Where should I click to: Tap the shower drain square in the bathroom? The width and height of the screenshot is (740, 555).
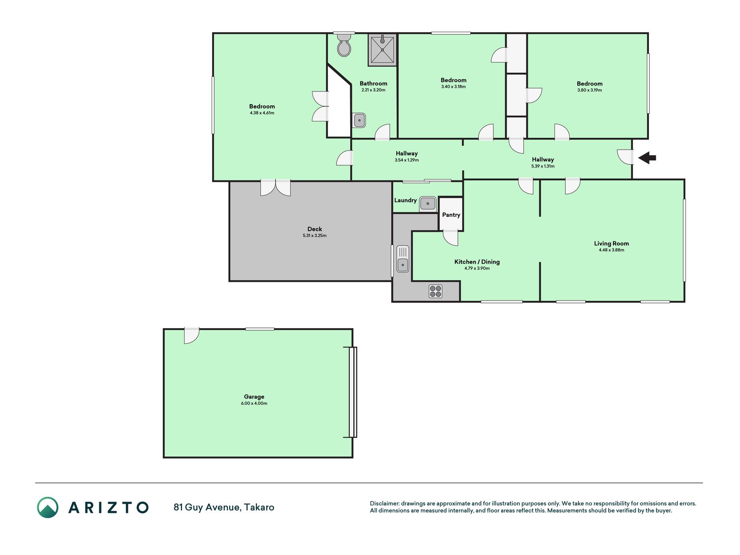coord(382,50)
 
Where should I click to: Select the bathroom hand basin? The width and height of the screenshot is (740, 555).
coord(359,120)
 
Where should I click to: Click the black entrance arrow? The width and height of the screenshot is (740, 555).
coord(647,157)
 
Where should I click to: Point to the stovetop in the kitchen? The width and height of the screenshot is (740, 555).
coord(436,291)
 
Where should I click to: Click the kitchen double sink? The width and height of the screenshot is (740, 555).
coord(403,259)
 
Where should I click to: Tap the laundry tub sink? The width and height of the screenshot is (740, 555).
coord(428,203)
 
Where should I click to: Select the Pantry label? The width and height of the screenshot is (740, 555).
coord(451,215)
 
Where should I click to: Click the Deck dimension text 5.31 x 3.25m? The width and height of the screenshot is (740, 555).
coord(315,235)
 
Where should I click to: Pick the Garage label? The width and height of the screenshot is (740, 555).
coord(254,396)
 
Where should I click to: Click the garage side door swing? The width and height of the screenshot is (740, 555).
coord(192,336)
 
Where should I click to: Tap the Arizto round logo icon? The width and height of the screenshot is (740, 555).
coord(48,507)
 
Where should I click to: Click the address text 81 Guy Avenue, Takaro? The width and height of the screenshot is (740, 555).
coord(224,507)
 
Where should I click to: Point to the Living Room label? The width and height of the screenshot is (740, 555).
coord(611,243)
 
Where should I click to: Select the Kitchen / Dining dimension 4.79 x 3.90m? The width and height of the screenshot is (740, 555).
coord(477,268)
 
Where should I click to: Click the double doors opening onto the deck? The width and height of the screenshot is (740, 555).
coord(275,188)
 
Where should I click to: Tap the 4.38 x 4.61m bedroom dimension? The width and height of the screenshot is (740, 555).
coord(262,113)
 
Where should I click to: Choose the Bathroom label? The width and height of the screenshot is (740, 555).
coord(373,83)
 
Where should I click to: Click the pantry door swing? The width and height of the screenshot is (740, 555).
coord(450,238)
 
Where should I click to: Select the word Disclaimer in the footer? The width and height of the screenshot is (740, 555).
coord(384,503)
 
